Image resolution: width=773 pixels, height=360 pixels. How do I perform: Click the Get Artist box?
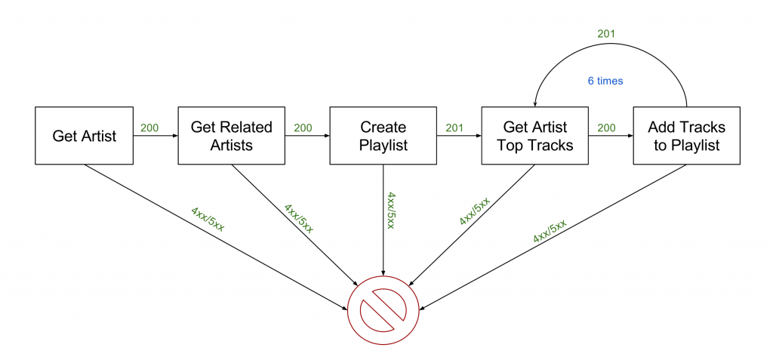click(85, 136)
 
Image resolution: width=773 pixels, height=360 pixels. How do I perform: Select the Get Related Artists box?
click(231, 136)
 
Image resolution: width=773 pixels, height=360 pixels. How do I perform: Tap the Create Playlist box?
click(383, 136)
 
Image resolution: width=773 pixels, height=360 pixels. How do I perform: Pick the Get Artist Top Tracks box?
click(535, 136)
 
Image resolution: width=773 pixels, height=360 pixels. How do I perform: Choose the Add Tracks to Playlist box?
click(686, 136)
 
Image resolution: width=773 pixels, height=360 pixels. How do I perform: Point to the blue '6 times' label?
click(605, 81)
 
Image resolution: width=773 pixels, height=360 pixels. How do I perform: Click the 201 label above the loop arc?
click(607, 33)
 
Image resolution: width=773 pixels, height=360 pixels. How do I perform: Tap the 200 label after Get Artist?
click(149, 128)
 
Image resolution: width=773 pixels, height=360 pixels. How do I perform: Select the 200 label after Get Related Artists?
click(302, 128)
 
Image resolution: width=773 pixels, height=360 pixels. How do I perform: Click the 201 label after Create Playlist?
click(454, 128)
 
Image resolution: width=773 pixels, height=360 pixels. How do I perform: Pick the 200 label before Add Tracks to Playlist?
click(606, 128)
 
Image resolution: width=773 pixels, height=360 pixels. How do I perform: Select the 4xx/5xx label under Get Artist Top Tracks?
click(474, 212)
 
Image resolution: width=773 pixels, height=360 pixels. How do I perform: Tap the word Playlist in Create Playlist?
click(383, 145)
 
